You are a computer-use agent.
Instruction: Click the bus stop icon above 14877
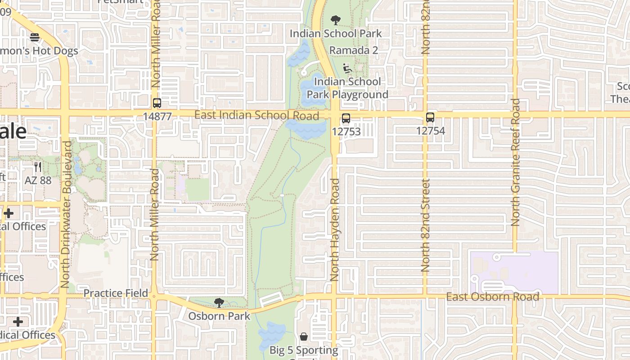point(157,103)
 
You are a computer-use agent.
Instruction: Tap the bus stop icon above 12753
point(346,118)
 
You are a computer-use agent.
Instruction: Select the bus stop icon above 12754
point(430,117)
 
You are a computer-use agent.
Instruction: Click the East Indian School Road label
point(256,115)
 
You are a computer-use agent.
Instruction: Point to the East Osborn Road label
point(492,297)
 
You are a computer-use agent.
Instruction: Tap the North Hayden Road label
point(334,229)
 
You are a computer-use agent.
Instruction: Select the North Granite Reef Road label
point(516,162)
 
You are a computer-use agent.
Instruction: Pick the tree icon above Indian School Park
point(335,20)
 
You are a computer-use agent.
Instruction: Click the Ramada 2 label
point(353,50)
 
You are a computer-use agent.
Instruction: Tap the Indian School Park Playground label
point(347,88)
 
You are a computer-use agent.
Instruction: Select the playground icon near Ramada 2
point(347,68)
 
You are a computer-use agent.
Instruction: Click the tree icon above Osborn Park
point(219,302)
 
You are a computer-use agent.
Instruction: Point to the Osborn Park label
point(219,316)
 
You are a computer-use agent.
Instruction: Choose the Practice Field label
point(116,293)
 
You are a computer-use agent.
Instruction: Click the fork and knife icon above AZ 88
point(38,167)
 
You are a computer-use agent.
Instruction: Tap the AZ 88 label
point(38,180)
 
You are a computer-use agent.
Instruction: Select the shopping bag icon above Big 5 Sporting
point(304,337)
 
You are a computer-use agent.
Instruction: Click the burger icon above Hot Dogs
point(35,37)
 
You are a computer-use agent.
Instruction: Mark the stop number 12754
point(430,131)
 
